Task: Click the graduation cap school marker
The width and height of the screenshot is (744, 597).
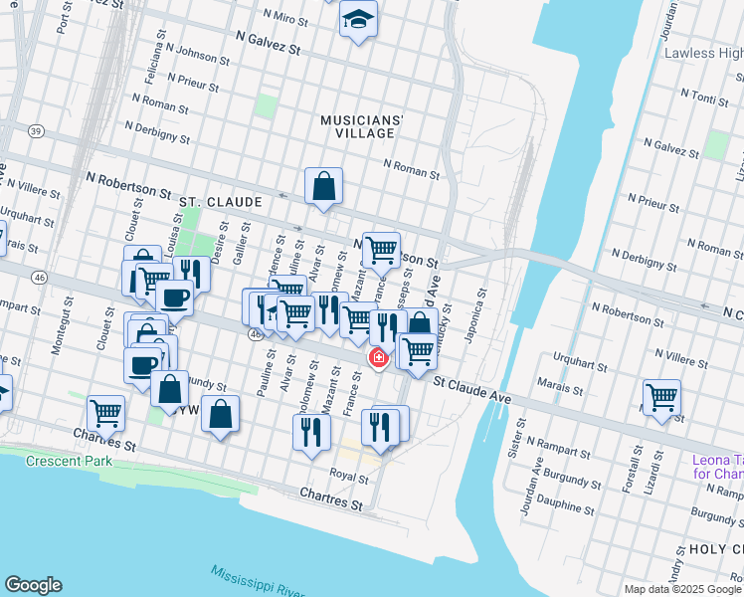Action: coord(358,20)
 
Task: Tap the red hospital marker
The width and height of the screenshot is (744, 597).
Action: coord(378,357)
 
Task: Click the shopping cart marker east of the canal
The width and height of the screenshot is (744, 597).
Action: coord(661,397)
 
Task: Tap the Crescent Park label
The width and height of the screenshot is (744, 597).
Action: coord(67,461)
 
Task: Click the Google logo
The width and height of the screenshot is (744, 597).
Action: coord(33,585)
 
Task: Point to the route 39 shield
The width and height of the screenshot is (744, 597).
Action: coord(37,131)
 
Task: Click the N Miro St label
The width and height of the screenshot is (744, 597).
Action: coord(286,16)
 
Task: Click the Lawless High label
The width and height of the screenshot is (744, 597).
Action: coord(702,53)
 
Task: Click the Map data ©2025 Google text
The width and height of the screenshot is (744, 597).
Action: coord(681,589)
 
